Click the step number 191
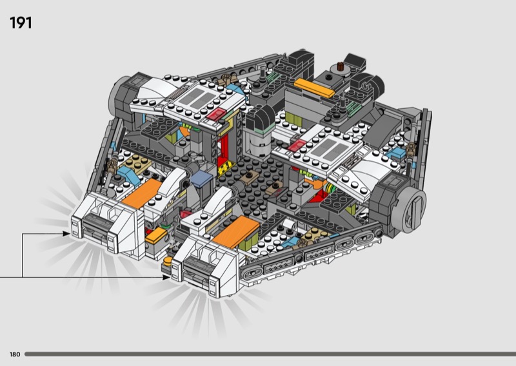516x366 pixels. tap(21, 23)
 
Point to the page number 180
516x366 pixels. tap(15, 354)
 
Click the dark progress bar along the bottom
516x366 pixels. tap(270, 354)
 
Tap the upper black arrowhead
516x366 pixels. tap(66, 234)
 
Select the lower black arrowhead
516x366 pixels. tap(166, 277)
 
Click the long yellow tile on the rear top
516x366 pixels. tap(314, 88)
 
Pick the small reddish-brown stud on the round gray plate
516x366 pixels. tap(341, 65)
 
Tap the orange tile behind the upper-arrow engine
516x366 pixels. tap(142, 194)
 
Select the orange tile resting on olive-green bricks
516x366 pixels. tap(236, 231)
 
